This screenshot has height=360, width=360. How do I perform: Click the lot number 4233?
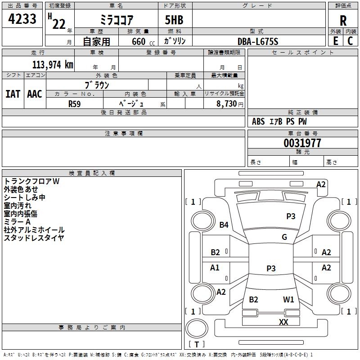point(22,19)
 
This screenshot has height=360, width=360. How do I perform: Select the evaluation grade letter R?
point(343,20)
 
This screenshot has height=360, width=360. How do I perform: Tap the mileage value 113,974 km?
point(53,65)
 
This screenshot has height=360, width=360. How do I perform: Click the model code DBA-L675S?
point(258,41)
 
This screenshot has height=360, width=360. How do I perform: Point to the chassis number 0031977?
point(302,143)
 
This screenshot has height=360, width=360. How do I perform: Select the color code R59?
point(74,103)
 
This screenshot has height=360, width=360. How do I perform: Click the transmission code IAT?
point(13,94)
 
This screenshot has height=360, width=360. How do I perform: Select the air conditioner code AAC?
point(35,94)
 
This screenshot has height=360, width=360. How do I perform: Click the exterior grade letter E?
point(335,41)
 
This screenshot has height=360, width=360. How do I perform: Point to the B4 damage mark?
point(224,225)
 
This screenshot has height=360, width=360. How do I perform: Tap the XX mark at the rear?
point(283,322)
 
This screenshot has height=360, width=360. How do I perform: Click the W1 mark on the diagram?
point(288,299)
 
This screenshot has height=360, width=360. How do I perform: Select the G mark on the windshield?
point(284,237)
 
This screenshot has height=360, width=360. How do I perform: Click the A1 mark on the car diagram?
point(215,268)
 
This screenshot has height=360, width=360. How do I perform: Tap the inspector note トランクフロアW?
point(31,181)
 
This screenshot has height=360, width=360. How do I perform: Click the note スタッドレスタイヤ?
point(34,238)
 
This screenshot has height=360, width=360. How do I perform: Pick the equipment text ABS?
point(258,121)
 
